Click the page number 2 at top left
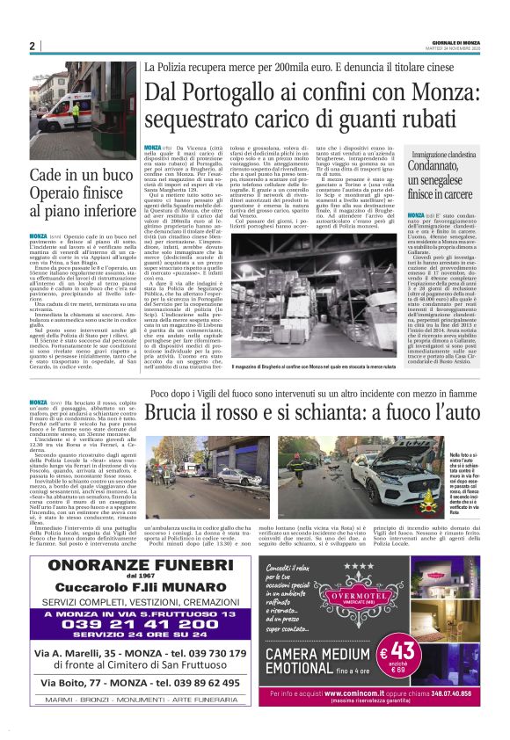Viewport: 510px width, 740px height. click(32, 46)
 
